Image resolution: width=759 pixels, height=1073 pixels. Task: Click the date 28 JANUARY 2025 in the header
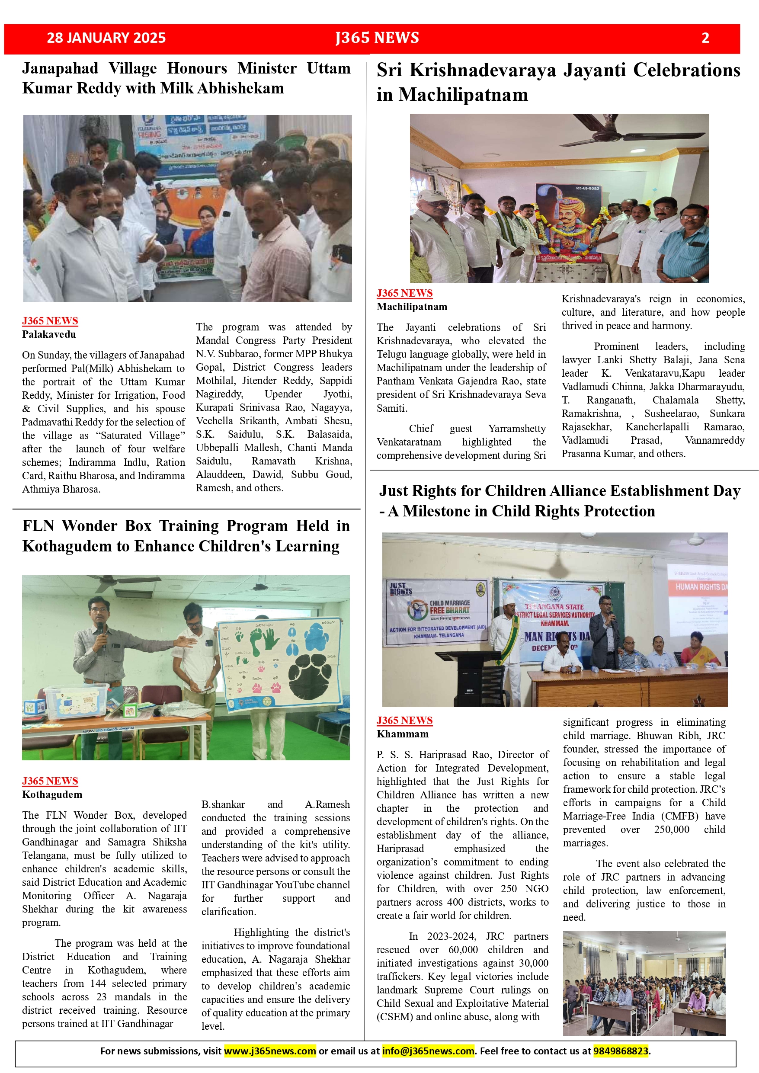pyautogui.click(x=106, y=38)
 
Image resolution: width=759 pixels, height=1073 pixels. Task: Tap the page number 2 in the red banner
pyautogui.click(x=705, y=38)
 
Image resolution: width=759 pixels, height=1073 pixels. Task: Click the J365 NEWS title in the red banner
pyautogui.click(x=377, y=38)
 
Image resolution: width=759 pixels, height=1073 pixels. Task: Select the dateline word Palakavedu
pyautogui.click(x=48, y=334)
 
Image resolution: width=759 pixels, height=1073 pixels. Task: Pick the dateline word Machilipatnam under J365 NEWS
pyautogui.click(x=412, y=307)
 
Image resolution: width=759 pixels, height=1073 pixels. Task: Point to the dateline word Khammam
pyautogui.click(x=402, y=734)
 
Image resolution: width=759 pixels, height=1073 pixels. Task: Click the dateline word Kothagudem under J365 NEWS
pyautogui.click(x=52, y=794)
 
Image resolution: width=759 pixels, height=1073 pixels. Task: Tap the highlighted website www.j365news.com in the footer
pyautogui.click(x=270, y=1051)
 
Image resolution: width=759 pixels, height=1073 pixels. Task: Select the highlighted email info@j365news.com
pyautogui.click(x=428, y=1051)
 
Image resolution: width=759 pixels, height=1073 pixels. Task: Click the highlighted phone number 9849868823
pyautogui.click(x=620, y=1051)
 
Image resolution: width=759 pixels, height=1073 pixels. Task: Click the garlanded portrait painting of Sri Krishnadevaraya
pyautogui.click(x=568, y=220)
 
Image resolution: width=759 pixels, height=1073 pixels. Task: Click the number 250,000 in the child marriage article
pyautogui.click(x=672, y=829)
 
